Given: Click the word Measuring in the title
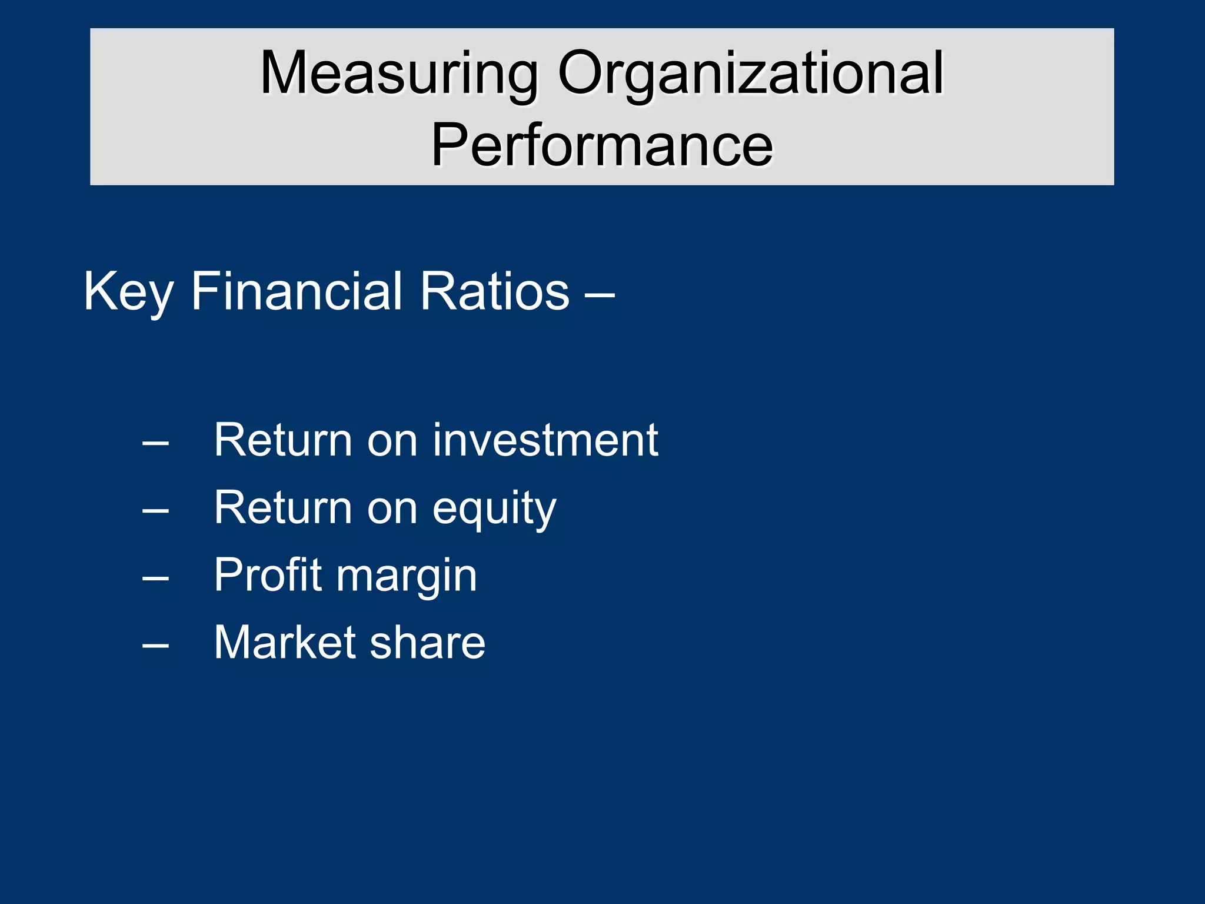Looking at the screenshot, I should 399,73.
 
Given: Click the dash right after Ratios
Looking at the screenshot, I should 600,293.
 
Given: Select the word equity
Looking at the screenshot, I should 494,508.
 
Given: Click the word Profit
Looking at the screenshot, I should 268,575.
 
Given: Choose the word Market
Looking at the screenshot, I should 287,642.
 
